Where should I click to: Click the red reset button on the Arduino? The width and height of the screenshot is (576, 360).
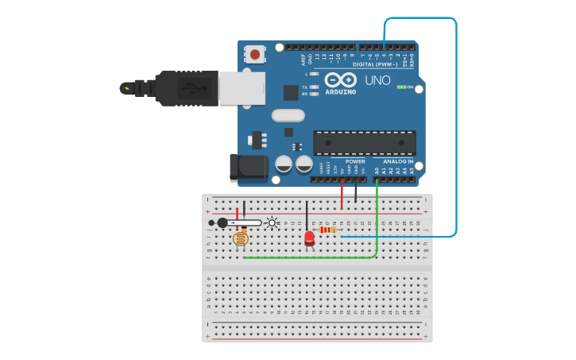point(254,55)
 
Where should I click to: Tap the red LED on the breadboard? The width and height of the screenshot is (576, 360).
point(309,237)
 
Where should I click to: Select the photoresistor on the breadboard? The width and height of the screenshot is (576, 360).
point(241,238)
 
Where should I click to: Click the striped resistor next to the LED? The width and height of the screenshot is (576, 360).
point(327,230)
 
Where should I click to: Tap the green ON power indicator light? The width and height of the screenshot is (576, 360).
point(402,87)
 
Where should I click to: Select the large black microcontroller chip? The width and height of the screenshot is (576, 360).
point(365,142)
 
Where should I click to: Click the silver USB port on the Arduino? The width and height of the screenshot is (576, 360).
point(242,87)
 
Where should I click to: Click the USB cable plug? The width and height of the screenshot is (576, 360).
point(186,87)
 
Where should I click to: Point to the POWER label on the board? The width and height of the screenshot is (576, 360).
point(355,161)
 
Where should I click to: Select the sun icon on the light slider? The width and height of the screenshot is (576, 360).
point(273,223)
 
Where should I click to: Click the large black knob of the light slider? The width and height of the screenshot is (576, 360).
point(222,223)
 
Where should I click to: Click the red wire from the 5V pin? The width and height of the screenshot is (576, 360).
point(342,195)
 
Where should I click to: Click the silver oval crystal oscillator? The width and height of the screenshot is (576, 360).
point(288,115)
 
